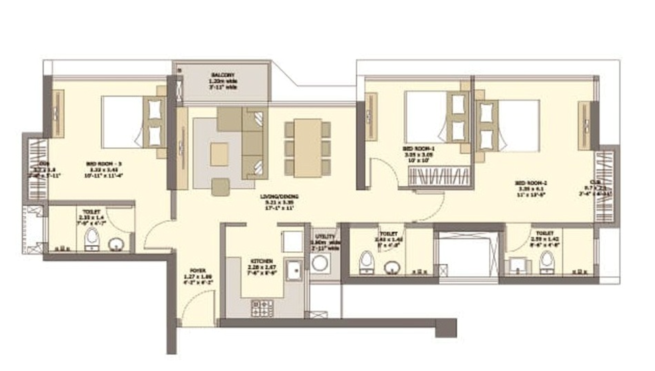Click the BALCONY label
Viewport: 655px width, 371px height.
[x=223, y=75]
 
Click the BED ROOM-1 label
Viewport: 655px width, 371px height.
[x=419, y=148]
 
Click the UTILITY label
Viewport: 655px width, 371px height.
[x=325, y=237]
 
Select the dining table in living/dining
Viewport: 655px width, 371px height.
[x=308, y=148]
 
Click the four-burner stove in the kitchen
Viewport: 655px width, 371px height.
[x=262, y=308]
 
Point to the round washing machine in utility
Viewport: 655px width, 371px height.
[x=320, y=264]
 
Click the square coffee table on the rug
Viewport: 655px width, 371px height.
[x=219, y=154]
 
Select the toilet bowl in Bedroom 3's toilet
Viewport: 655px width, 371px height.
[x=92, y=239]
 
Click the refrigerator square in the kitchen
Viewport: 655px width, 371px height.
[x=292, y=241]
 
